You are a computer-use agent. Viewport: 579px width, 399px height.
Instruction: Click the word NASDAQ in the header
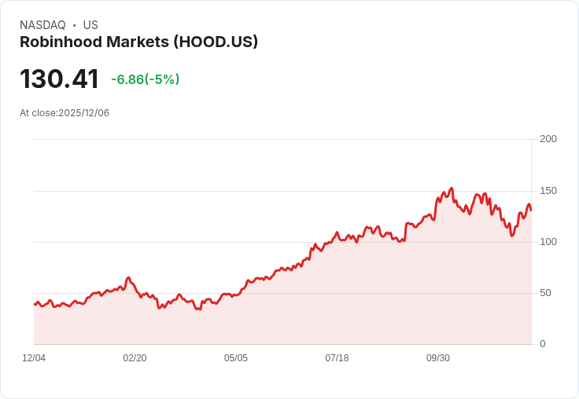42,25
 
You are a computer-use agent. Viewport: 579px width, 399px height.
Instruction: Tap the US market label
90,25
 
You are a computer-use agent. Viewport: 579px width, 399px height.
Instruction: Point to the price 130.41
59,79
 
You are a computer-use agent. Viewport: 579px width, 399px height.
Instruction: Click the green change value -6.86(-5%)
146,79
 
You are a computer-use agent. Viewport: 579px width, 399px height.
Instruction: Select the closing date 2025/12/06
84,113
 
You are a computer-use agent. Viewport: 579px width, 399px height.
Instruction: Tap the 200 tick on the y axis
548,139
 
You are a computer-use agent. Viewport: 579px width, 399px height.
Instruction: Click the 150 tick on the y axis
548,191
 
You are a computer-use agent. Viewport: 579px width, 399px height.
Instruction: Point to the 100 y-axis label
548,242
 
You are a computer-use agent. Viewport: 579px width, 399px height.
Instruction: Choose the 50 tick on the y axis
545,293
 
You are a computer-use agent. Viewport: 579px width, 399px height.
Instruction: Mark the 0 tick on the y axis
542,344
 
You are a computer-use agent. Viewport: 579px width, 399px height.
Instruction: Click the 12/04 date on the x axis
34,358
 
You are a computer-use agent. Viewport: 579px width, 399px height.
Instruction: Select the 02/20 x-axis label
135,358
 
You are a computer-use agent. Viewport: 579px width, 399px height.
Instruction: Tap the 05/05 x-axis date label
235,358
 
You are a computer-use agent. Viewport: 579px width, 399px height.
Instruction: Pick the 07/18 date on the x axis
337,358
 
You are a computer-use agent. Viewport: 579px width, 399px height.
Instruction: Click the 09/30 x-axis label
437,358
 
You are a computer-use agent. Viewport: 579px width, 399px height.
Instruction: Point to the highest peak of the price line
452,189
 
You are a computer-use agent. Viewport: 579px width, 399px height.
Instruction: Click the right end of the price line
531,210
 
